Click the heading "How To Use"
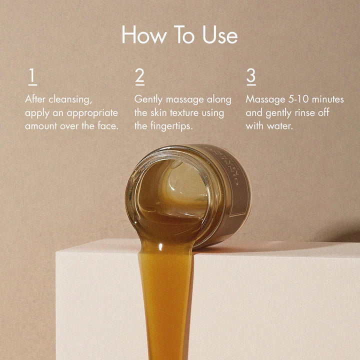[179, 35]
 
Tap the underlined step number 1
[32, 76]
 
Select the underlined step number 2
[139, 76]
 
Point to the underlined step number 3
[251, 76]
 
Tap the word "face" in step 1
[108, 125]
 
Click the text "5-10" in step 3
[296, 99]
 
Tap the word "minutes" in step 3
[327, 99]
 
